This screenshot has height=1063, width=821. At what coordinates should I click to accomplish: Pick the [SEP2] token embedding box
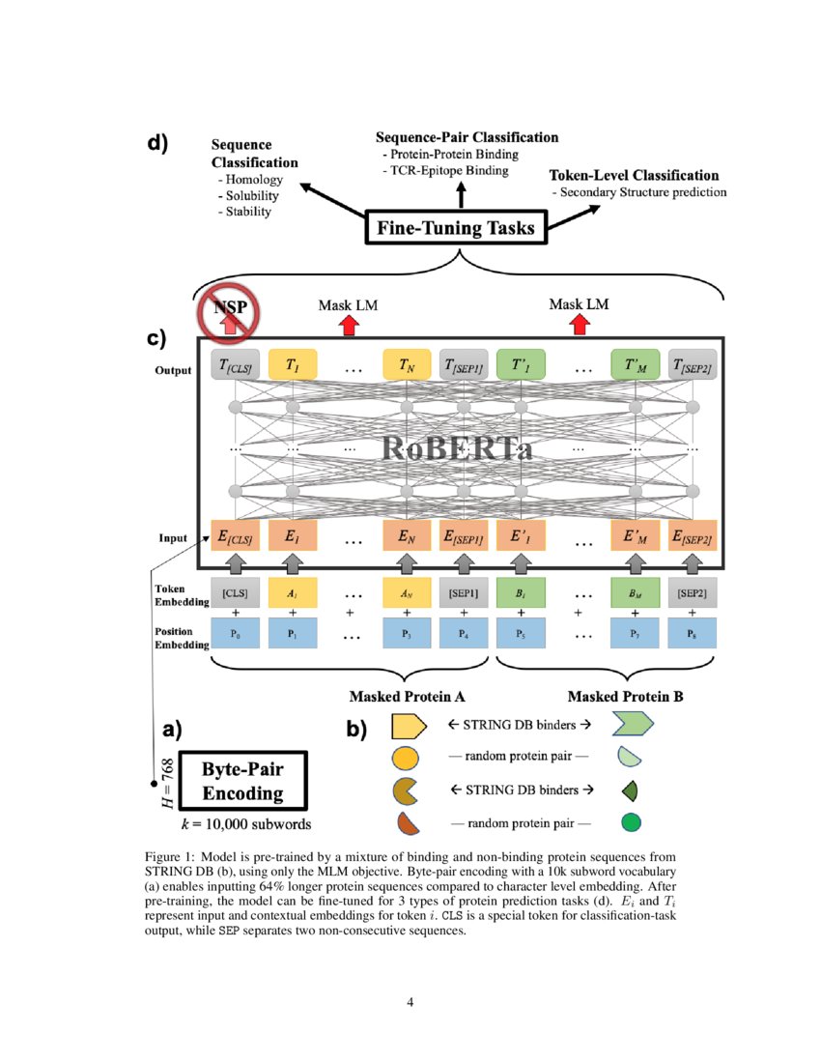pos(692,591)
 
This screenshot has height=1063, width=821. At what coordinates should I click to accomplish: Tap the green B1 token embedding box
pos(521,591)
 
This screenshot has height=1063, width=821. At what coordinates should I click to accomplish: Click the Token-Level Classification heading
pos(634,175)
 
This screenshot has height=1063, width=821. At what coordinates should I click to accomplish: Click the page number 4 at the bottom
pos(410,1002)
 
